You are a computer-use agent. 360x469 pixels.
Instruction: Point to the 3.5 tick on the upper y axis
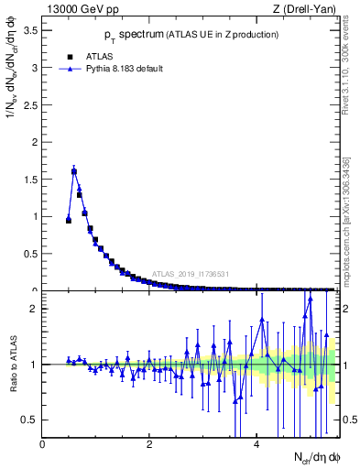coord(32,30)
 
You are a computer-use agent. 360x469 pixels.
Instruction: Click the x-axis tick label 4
coord(257,445)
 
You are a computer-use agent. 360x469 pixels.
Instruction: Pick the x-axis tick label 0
coord(43,445)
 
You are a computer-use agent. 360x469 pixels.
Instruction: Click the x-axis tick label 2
coord(150,445)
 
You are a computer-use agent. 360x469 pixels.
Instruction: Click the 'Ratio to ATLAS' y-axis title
coord(13,365)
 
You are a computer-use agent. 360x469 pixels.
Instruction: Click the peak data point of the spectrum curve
coord(74,170)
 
